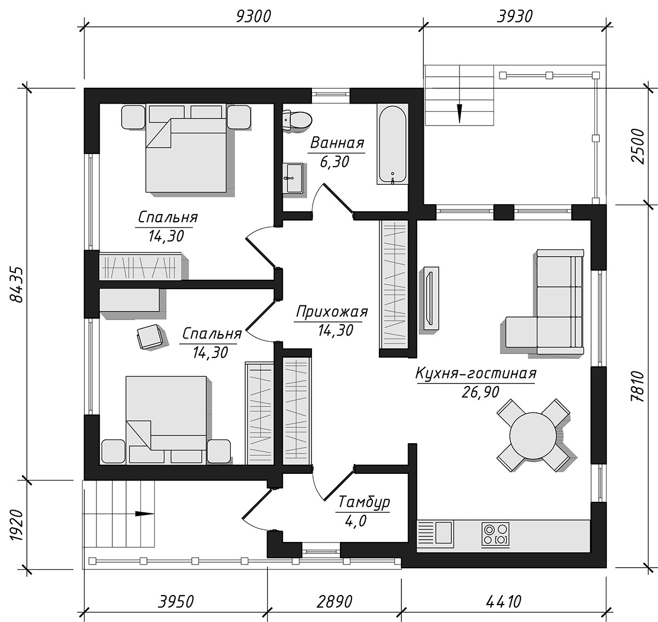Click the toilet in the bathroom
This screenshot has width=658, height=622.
tap(297, 121)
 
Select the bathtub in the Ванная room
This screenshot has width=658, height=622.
tap(392, 144)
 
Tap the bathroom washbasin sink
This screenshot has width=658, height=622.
tap(293, 178)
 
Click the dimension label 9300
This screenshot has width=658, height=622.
tap(253, 16)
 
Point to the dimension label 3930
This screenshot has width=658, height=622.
tap(514, 16)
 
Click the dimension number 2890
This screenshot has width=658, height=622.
tap(334, 601)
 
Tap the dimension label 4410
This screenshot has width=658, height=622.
tap(503, 601)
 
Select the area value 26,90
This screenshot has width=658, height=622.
tap(480, 392)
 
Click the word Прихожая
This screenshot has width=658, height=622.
tap(332, 312)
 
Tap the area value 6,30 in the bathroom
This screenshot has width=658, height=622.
tap(334, 162)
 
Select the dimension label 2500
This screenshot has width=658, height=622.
tap(638, 146)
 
